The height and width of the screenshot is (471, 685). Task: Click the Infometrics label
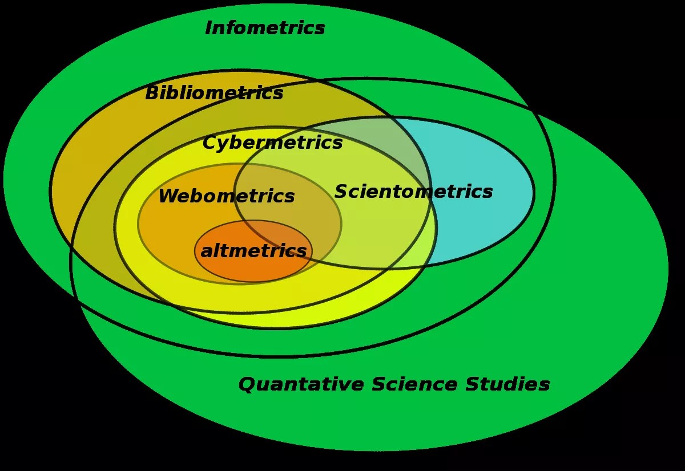[x=265, y=28]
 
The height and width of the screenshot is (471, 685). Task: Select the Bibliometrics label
[x=214, y=93]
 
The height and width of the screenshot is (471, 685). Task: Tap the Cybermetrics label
[x=272, y=143]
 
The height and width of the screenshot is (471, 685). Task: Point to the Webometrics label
[x=226, y=196]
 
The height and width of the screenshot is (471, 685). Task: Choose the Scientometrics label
[x=413, y=192]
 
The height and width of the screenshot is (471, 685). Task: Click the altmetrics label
[x=253, y=251]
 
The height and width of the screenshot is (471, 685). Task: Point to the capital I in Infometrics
[x=209, y=28]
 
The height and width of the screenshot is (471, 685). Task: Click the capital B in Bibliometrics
[x=152, y=93]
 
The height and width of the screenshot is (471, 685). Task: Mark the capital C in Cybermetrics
[x=210, y=143]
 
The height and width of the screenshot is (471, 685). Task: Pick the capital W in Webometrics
[x=168, y=196]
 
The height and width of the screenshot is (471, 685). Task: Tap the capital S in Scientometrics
[x=341, y=192]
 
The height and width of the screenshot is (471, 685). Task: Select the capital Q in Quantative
[x=247, y=384]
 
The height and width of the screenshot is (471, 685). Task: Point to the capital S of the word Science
[x=378, y=384]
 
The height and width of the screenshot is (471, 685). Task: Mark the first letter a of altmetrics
[x=207, y=251]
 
